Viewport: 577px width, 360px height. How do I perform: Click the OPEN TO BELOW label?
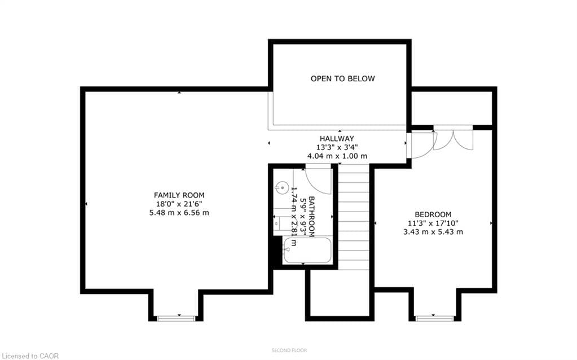(342, 78)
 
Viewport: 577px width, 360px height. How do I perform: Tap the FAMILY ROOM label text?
(179, 195)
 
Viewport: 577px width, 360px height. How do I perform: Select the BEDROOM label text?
(433, 214)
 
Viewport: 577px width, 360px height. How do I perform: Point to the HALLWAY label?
(337, 138)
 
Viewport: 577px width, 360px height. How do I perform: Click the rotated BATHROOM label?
(311, 217)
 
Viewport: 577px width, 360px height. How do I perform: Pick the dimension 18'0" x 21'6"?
(179, 204)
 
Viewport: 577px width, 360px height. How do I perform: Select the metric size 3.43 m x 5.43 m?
(433, 232)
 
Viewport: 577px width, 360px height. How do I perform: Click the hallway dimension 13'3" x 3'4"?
(337, 147)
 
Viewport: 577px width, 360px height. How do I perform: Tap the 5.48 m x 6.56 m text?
(179, 213)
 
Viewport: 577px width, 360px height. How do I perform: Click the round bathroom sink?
(280, 187)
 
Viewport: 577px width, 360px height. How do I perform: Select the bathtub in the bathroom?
(307, 250)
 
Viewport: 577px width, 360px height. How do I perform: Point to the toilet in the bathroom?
(279, 223)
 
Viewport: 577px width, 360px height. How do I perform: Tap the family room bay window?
(177, 318)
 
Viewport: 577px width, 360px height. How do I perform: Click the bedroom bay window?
(434, 318)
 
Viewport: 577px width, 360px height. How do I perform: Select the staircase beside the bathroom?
(354, 217)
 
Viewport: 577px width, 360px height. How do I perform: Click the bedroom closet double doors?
(453, 139)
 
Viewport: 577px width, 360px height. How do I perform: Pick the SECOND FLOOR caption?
(289, 350)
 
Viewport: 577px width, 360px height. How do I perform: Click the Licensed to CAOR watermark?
(29, 356)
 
